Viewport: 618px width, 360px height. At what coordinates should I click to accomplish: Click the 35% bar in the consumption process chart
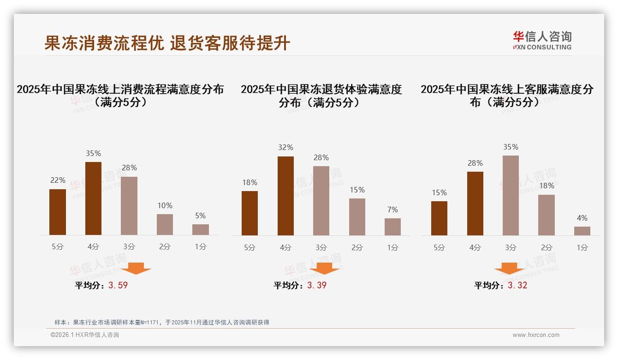[x=94, y=198]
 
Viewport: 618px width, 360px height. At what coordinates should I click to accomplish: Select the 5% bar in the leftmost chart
[x=201, y=229]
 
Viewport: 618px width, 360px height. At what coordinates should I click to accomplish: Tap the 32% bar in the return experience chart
[x=285, y=196]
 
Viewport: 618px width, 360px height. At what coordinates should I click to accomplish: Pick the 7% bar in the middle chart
[x=392, y=227]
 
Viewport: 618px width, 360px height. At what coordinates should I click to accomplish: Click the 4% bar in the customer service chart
[x=582, y=231]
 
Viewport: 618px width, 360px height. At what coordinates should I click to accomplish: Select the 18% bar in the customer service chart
[x=547, y=215]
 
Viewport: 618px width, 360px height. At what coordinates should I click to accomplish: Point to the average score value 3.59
[x=118, y=285]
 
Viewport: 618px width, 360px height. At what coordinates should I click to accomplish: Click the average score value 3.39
[x=317, y=285]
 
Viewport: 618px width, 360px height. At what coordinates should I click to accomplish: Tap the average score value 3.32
[x=517, y=285]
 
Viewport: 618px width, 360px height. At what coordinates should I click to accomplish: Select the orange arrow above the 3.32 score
[x=509, y=268]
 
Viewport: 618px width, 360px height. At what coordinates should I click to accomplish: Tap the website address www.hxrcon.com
[x=536, y=335]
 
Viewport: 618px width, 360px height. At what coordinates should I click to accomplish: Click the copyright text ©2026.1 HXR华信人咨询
[x=85, y=335]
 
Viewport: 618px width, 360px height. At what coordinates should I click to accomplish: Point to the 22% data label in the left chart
[x=58, y=180]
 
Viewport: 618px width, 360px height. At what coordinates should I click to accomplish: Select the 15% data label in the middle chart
[x=357, y=190]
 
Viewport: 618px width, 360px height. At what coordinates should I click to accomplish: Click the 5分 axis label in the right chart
[x=439, y=247]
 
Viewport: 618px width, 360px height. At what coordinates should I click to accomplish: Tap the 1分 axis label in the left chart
[x=201, y=247]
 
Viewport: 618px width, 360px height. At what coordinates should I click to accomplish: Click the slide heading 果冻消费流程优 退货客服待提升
[x=167, y=43]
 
